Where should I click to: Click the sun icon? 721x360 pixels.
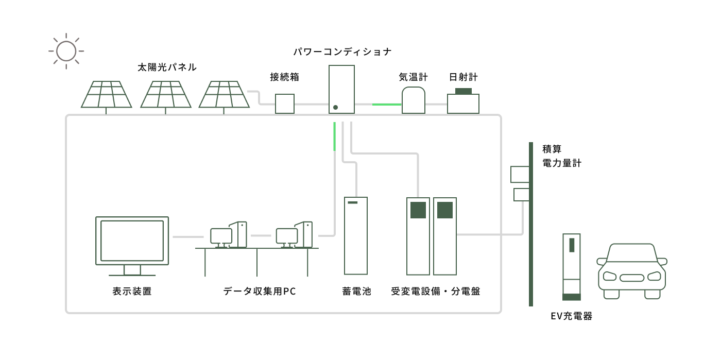coord(66,51)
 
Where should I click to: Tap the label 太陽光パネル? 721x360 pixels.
coord(167,67)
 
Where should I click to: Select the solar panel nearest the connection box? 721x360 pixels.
coord(224,95)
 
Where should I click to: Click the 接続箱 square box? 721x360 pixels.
coord(285,104)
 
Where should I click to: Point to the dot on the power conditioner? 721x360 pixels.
coord(335,107)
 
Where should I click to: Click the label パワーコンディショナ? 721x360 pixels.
coord(342,52)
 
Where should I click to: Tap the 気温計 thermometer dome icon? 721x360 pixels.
coord(414,100)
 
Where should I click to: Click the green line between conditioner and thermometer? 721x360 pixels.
coord(386,104)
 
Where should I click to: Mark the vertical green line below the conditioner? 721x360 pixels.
coord(335,136)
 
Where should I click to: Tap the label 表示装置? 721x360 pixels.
coord(132,292)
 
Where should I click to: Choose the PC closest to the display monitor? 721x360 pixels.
coord(229,235)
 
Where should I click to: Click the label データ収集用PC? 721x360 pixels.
coord(260,292)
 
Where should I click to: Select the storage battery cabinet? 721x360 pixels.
coord(355,236)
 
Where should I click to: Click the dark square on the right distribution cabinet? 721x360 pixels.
coord(444,210)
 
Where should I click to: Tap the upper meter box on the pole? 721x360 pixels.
coord(520,174)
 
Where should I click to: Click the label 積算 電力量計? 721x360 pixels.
coord(561,156)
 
